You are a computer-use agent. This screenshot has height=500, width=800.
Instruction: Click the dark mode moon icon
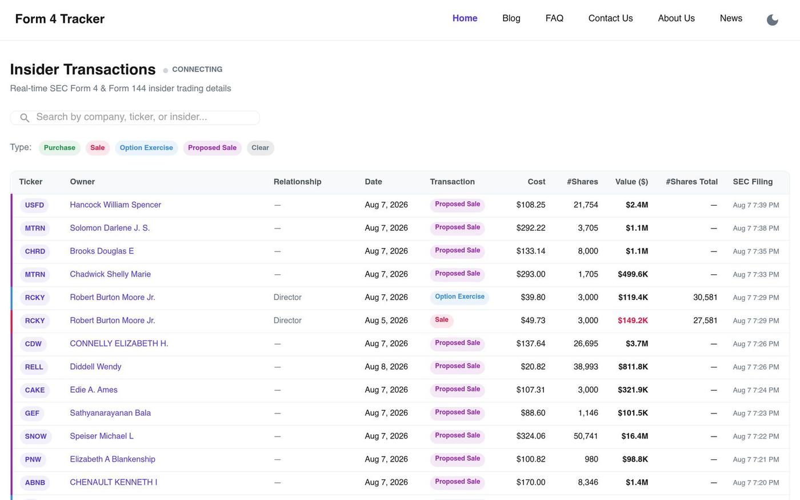pos(772,19)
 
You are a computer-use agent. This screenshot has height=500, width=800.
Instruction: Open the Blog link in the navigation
pos(511,18)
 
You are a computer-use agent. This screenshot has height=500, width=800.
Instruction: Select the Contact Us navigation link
pos(610,18)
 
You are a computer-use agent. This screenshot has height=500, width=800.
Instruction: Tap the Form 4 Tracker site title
pos(59,18)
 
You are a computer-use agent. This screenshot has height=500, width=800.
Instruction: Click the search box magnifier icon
pos(24,118)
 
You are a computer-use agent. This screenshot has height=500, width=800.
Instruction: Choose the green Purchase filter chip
pos(59,148)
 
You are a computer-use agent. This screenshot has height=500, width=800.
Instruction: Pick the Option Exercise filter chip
pos(146,148)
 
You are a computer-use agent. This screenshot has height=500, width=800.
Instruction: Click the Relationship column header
pos(297,182)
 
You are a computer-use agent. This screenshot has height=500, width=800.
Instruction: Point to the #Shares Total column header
pos(691,182)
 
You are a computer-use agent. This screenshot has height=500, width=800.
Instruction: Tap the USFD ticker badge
pos(34,205)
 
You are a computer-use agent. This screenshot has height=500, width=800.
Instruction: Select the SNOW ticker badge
pos(35,436)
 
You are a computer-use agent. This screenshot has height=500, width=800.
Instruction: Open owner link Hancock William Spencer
pos(115,205)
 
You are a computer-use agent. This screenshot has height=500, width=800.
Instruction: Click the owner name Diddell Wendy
pos(95,366)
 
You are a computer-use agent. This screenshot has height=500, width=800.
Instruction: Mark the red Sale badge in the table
pos(441,320)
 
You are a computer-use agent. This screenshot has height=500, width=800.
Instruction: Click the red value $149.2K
pos(633,321)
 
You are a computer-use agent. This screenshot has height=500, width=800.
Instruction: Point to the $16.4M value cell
pos(634,436)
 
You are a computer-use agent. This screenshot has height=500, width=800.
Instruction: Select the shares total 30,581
pos(705,297)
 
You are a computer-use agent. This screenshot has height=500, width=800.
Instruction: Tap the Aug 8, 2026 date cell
pos(386,366)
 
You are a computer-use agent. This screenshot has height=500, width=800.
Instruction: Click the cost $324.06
pos(530,436)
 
